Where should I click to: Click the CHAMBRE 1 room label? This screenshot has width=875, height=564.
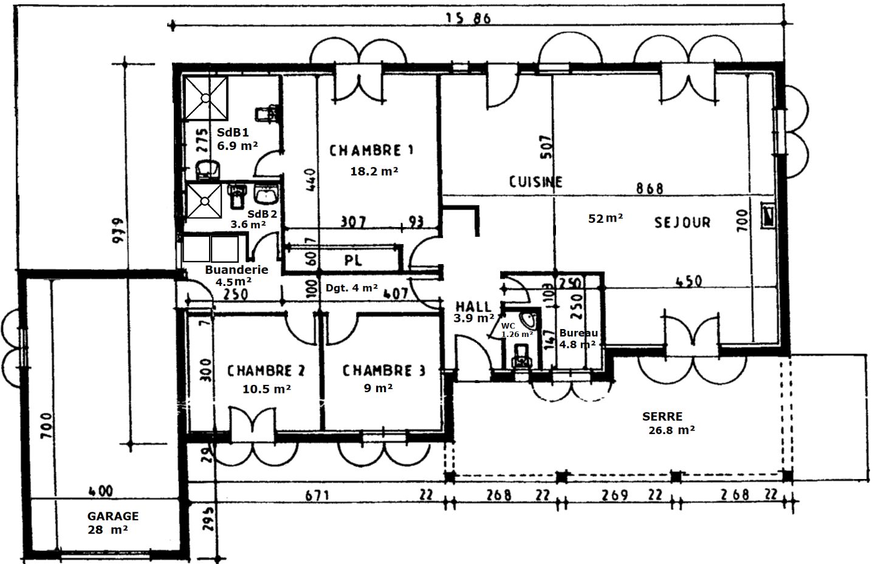(372, 150)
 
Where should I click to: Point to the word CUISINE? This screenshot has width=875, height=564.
(535, 182)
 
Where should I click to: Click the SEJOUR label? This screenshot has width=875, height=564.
(682, 222)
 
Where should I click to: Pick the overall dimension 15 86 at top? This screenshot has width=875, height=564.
(467, 19)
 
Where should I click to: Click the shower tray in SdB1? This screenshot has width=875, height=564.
(205, 97)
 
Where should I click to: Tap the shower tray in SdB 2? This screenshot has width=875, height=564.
(204, 200)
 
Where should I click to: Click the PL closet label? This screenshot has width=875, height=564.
(353, 260)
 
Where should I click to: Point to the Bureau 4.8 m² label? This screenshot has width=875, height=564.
(577, 338)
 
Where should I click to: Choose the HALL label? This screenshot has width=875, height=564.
(473, 307)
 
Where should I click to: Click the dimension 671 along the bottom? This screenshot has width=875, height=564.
(317, 496)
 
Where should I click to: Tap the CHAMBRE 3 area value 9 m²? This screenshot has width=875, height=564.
(378, 388)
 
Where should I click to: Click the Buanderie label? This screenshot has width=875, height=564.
(236, 270)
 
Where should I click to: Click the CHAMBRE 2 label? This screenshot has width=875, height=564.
(266, 370)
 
